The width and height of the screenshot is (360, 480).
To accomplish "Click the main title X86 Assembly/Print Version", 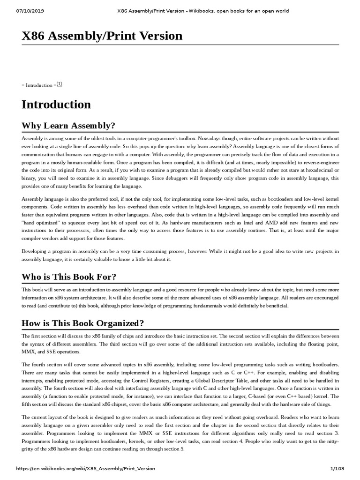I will click(x=102, y=36).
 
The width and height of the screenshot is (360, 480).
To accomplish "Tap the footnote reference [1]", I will click(x=59, y=84).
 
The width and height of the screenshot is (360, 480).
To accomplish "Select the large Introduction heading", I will click(x=56, y=105).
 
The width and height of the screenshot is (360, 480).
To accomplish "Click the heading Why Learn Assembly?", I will click(x=68, y=126).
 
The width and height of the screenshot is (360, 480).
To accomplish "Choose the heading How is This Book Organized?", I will click(x=82, y=323).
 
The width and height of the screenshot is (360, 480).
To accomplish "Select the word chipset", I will click(x=129, y=405).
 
